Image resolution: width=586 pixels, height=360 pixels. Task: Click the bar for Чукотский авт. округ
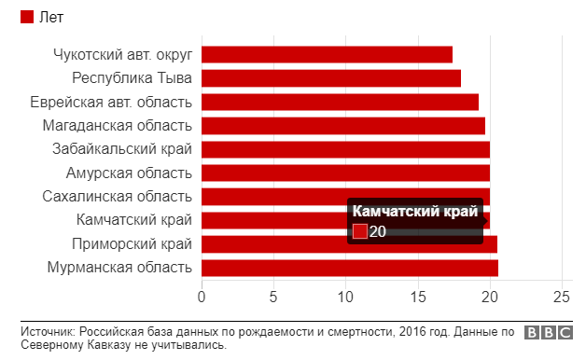coord(327,54)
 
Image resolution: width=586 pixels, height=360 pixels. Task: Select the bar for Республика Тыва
coord(331,78)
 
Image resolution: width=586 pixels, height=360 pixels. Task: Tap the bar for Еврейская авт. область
coord(340,102)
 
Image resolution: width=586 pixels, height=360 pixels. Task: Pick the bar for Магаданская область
coord(343,126)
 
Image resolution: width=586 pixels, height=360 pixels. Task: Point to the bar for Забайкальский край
coord(345,149)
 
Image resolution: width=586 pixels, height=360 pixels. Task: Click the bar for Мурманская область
coord(350,268)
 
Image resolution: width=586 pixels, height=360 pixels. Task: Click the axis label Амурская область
coord(129,173)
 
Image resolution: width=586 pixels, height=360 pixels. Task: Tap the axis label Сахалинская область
coord(118,197)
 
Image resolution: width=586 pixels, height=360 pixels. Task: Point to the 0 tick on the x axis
coord(202,297)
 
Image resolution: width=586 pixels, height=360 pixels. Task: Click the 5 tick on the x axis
coord(273,297)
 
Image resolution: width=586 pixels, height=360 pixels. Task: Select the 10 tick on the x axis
coord(345,297)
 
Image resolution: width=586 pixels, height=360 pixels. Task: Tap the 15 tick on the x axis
coord(417,297)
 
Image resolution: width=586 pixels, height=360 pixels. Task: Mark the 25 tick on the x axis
coord(561,297)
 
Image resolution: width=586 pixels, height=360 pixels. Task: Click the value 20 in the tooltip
coord(378,231)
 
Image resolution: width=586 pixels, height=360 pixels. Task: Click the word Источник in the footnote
coord(47,331)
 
